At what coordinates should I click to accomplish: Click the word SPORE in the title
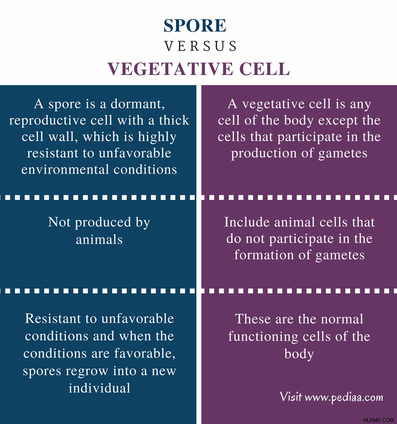pyautogui.click(x=195, y=25)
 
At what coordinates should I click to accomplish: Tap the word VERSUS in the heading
pyautogui.click(x=201, y=46)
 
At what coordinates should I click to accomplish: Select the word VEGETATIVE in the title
pyautogui.click(x=170, y=69)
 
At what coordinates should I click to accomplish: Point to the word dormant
pyautogui.click(x=138, y=104)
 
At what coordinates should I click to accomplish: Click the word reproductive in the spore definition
pyautogui.click(x=48, y=121)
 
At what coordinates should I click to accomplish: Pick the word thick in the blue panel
pyautogui.click(x=174, y=120)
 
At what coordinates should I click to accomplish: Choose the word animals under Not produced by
pyautogui.click(x=99, y=239)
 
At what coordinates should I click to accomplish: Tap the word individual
pyautogui.click(x=99, y=388)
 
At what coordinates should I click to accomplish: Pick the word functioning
pyautogui.click(x=263, y=337)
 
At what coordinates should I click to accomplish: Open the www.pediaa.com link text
pyautogui.click(x=344, y=397)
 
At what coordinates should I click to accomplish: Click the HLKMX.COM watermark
pyautogui.click(x=378, y=420)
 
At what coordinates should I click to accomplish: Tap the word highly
pyautogui.click(x=157, y=137)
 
